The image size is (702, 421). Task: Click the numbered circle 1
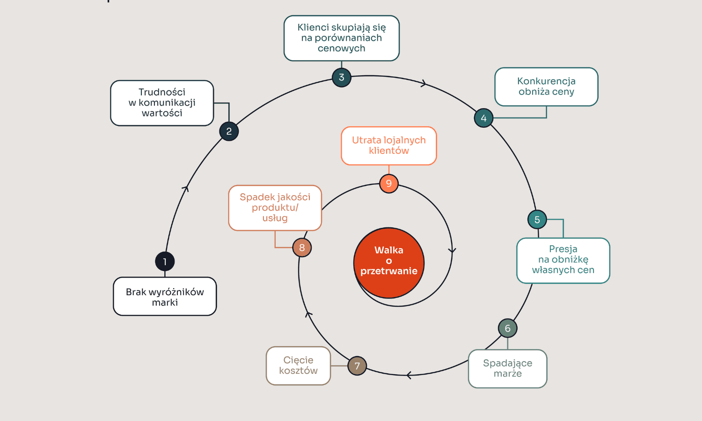165,261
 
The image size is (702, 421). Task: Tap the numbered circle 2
229,131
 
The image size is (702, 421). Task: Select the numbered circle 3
342,77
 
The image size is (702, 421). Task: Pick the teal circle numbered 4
483,118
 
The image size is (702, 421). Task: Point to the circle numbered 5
537,219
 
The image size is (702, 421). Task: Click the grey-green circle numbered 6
508,328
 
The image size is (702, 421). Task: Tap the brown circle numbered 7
357,366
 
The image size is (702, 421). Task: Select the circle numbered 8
302,247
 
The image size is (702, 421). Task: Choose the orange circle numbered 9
389,183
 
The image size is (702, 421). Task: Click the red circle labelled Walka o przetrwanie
389,263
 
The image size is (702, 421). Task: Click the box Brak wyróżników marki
165,297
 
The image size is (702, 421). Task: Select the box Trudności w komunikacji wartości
162,103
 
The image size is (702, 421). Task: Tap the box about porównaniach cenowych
342,38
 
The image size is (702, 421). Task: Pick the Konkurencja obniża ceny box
546,87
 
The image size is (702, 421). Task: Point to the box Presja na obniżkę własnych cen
563,261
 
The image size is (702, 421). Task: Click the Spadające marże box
508,369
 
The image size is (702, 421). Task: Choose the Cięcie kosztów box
299,366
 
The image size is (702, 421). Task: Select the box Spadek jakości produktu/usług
275,208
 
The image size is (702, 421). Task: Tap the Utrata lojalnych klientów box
389,146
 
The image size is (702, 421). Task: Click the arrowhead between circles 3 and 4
424,84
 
